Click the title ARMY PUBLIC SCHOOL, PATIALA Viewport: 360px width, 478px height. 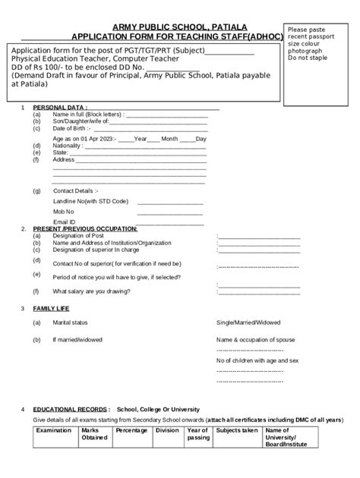(x=179, y=27)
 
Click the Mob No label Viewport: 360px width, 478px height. (x=64, y=211)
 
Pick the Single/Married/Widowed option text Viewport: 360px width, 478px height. (x=247, y=322)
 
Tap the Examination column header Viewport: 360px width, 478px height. (x=54, y=430)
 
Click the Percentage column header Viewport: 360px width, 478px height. (x=131, y=430)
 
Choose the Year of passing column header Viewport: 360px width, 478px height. (x=198, y=433)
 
